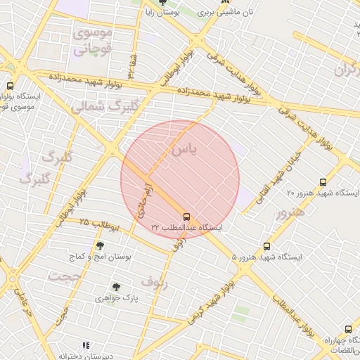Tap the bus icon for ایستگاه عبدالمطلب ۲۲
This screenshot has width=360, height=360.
click(186, 217)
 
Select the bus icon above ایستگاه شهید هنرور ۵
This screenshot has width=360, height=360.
click(266, 246)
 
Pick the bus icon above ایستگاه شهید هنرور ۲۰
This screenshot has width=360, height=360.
click(323, 181)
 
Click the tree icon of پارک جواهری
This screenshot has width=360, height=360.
click(116, 287)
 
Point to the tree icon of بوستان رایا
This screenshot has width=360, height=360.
click(162, 3)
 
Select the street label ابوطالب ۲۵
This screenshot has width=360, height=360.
click(99, 224)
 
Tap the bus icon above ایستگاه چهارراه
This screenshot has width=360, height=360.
click(348, 329)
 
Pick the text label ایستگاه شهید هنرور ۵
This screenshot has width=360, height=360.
click(266, 257)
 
